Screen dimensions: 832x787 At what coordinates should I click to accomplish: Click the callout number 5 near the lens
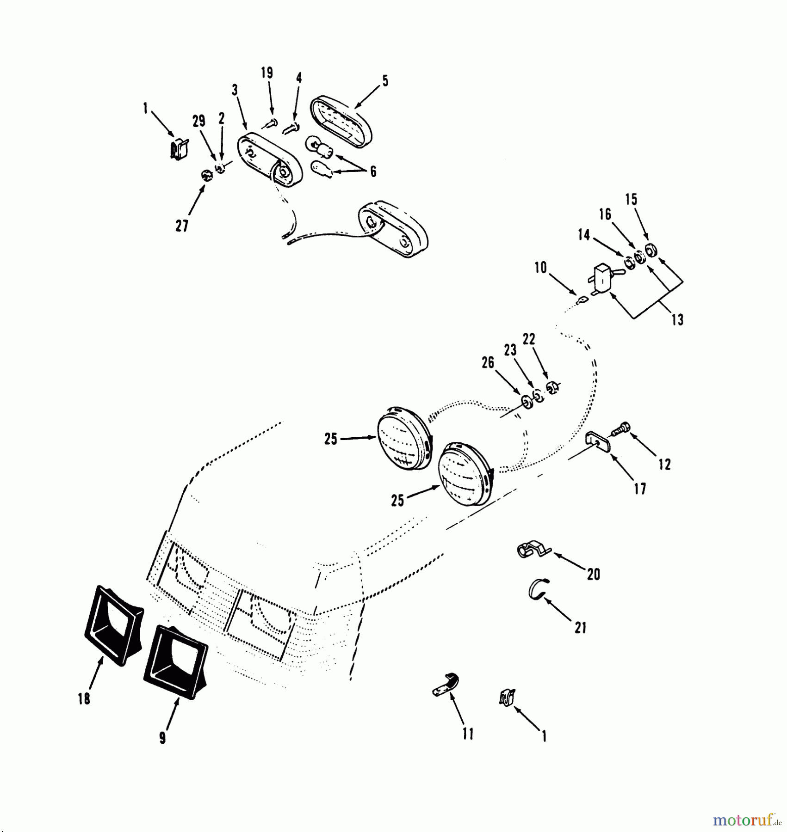385,81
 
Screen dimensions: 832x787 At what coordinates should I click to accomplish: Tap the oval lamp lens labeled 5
341,122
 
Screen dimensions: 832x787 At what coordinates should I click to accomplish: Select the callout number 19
267,73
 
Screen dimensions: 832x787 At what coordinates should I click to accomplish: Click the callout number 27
182,226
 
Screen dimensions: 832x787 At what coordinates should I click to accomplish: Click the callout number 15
631,200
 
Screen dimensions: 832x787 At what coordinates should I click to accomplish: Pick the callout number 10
540,268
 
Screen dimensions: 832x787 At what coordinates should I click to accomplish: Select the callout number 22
529,339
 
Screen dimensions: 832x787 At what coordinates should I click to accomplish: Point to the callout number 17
640,489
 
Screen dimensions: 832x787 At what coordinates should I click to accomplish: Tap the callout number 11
468,734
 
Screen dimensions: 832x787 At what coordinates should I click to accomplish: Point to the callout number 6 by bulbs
373,171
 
